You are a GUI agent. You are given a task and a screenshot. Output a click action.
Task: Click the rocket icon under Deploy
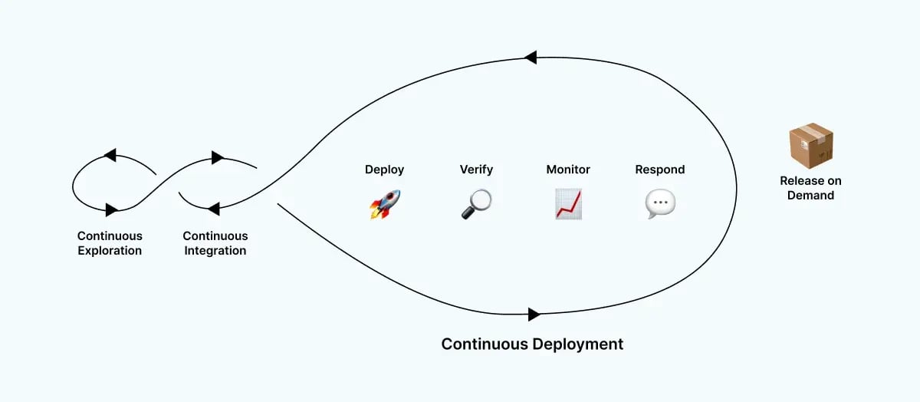pos(385,204)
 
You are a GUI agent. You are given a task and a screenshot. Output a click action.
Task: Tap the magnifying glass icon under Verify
pos(476,204)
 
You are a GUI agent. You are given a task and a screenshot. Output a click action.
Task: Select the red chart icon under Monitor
pos(568,204)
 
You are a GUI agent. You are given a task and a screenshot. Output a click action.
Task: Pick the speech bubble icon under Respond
pos(660,204)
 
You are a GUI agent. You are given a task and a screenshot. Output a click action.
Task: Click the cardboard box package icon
pos(810,147)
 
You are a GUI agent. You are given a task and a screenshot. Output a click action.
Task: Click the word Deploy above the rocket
pos(384,170)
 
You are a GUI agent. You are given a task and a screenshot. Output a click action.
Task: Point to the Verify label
pos(476,170)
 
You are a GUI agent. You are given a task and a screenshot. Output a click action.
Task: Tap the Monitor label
pos(568,170)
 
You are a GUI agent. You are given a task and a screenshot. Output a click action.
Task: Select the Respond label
pos(660,170)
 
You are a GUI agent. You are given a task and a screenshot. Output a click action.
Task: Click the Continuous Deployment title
pos(532,344)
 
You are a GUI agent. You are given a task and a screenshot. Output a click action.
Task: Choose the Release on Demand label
pos(810,188)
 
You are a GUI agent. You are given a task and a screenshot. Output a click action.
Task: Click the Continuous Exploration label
pos(110,243)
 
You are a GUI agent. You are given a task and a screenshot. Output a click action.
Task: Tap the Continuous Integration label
pos(215,243)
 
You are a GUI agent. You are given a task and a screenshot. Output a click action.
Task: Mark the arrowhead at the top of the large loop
pos(530,57)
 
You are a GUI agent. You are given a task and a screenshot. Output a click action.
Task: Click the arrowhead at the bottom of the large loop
pos(534,314)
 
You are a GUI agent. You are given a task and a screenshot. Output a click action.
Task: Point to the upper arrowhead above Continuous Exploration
pos(110,156)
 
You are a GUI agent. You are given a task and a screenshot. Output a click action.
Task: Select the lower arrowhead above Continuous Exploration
pos(111,209)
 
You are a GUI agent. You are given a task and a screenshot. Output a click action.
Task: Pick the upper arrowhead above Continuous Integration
pos(217,158)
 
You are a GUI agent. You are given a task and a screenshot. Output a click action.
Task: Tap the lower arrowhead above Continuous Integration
pos(214,208)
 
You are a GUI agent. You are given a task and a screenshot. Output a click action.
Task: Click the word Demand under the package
pos(810,195)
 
